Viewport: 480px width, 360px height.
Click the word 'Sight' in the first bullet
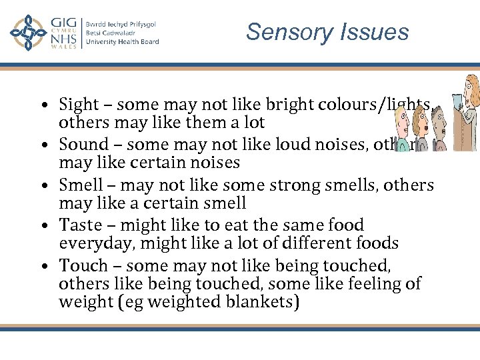click(78, 105)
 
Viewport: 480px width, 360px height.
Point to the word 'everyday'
click(91, 243)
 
